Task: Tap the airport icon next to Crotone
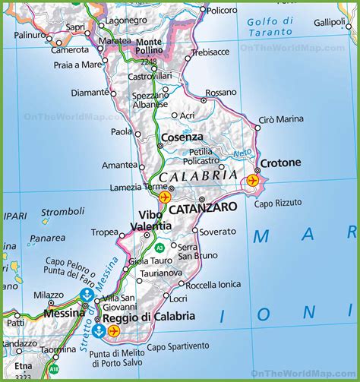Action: (252, 180)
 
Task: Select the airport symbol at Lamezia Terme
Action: (164, 197)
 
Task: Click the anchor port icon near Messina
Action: (88, 295)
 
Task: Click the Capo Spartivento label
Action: (177, 347)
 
